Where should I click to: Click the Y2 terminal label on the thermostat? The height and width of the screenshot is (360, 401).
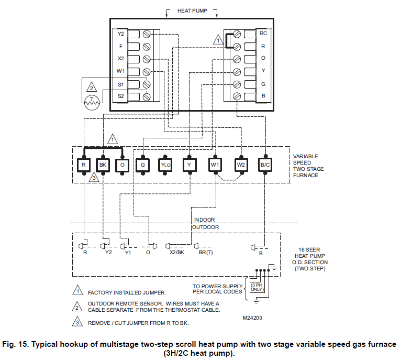point(120,34)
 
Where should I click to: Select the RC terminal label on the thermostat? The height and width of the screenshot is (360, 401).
point(263,34)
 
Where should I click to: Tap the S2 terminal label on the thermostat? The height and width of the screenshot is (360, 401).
point(120,96)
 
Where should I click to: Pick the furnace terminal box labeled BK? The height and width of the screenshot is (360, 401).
point(103,165)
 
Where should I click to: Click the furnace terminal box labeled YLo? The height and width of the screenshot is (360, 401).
point(165,165)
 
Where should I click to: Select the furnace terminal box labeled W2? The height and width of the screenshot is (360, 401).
point(240,165)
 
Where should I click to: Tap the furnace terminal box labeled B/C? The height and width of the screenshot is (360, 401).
point(265,165)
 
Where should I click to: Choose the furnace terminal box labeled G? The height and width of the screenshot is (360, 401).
point(142,165)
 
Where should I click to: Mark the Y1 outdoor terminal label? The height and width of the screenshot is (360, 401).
point(127,252)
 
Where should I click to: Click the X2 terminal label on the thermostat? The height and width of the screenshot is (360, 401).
point(120,59)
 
